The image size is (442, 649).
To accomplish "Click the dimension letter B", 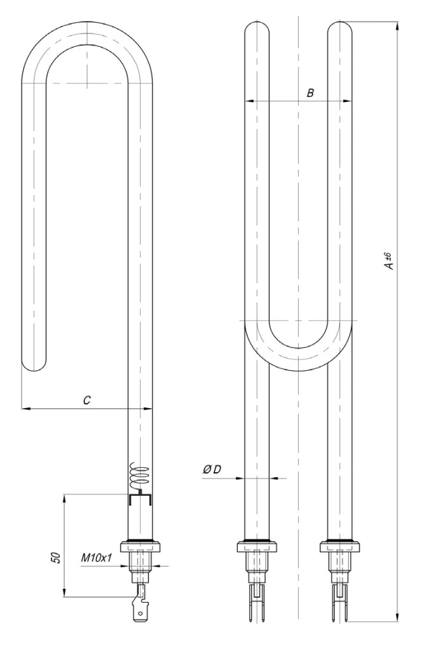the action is click(x=310, y=93).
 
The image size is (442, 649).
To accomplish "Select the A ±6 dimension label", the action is click(x=389, y=260).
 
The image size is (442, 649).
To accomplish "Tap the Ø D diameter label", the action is click(x=212, y=470).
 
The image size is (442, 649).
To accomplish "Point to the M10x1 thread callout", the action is click(x=96, y=558).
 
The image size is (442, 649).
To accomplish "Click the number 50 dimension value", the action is click(x=58, y=558).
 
